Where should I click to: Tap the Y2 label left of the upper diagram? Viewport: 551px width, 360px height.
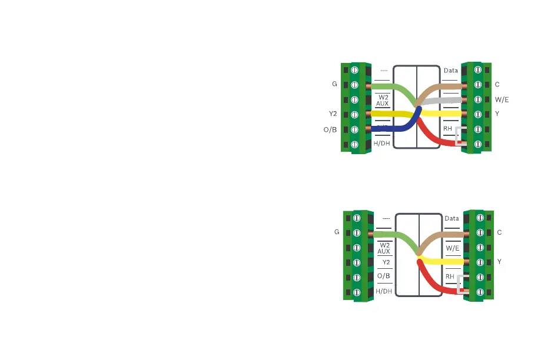click(x=333, y=114)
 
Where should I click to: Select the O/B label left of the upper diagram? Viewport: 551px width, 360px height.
click(x=330, y=129)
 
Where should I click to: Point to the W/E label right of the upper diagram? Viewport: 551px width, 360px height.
click(x=502, y=99)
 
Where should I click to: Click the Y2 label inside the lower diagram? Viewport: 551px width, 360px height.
click(x=386, y=262)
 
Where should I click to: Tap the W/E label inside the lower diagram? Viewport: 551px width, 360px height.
click(x=452, y=248)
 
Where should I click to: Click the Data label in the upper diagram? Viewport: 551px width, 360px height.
click(x=451, y=71)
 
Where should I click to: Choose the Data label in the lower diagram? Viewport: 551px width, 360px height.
click(x=452, y=218)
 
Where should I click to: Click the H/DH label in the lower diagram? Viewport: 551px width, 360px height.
click(x=384, y=291)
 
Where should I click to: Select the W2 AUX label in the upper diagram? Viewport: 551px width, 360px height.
click(x=383, y=99)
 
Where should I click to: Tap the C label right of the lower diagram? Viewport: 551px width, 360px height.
click(x=500, y=232)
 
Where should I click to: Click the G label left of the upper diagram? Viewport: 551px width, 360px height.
click(x=334, y=85)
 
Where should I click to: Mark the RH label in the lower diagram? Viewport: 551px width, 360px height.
click(x=450, y=276)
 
